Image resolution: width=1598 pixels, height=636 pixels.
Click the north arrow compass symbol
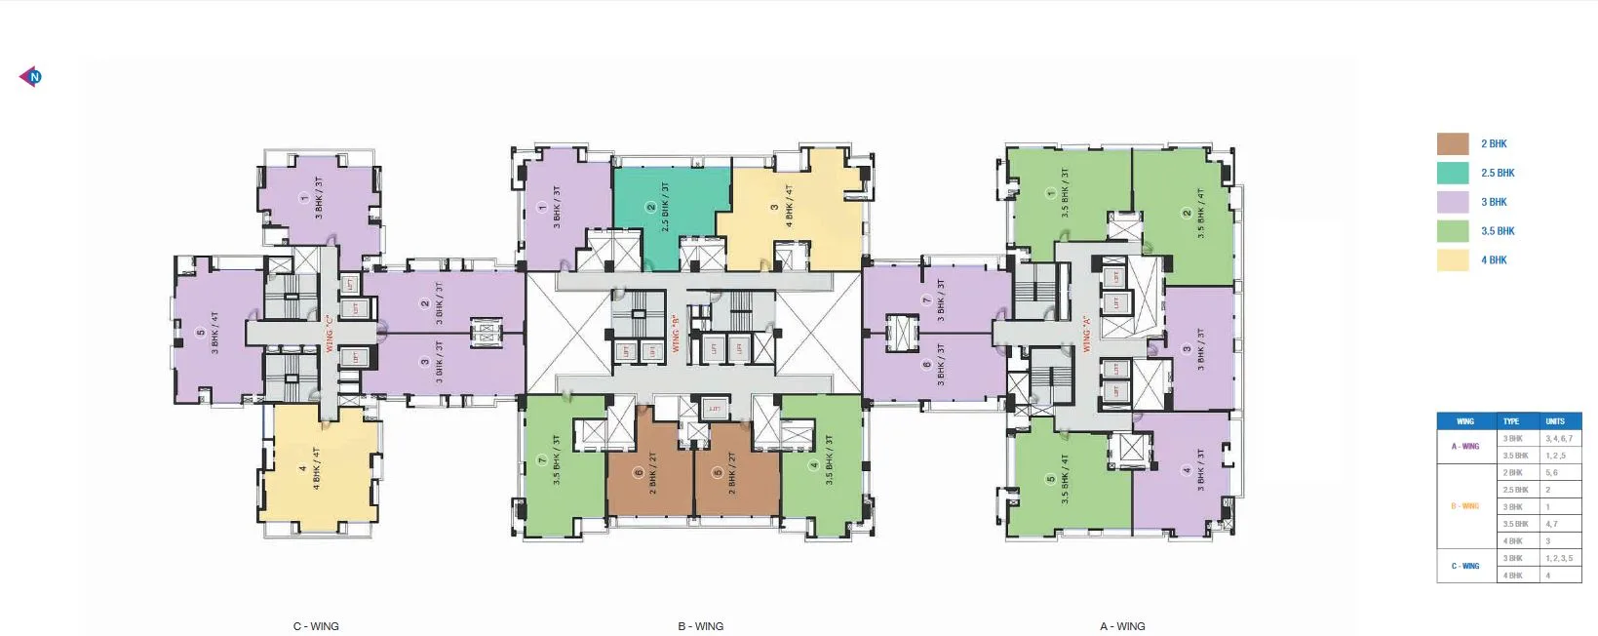pos(31,76)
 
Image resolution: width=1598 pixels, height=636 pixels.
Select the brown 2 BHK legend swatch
pos(1453,143)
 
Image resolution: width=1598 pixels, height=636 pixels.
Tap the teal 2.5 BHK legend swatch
pos(1453,173)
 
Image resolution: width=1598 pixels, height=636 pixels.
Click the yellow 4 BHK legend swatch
pos(1453,260)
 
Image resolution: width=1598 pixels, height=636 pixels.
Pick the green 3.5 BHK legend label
pos(1498,231)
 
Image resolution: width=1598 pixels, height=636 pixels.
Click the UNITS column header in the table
pos(1554,421)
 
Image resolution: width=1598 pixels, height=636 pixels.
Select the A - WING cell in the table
pos(1464,447)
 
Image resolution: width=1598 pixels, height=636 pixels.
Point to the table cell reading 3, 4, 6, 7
pos(1558,439)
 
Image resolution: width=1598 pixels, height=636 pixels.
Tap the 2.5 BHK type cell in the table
pos(1515,490)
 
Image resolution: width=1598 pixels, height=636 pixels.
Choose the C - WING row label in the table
pos(1464,566)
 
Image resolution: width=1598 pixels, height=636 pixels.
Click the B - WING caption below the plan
pos(700,626)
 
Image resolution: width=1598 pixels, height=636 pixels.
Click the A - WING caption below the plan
pos(1122,626)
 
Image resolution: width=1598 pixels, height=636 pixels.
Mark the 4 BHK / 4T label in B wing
pos(789,207)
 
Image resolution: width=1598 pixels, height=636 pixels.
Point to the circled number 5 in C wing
pos(201,334)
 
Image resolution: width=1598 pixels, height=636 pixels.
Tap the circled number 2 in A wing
pos(1187,214)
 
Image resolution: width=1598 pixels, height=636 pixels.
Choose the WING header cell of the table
pos(1464,421)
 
